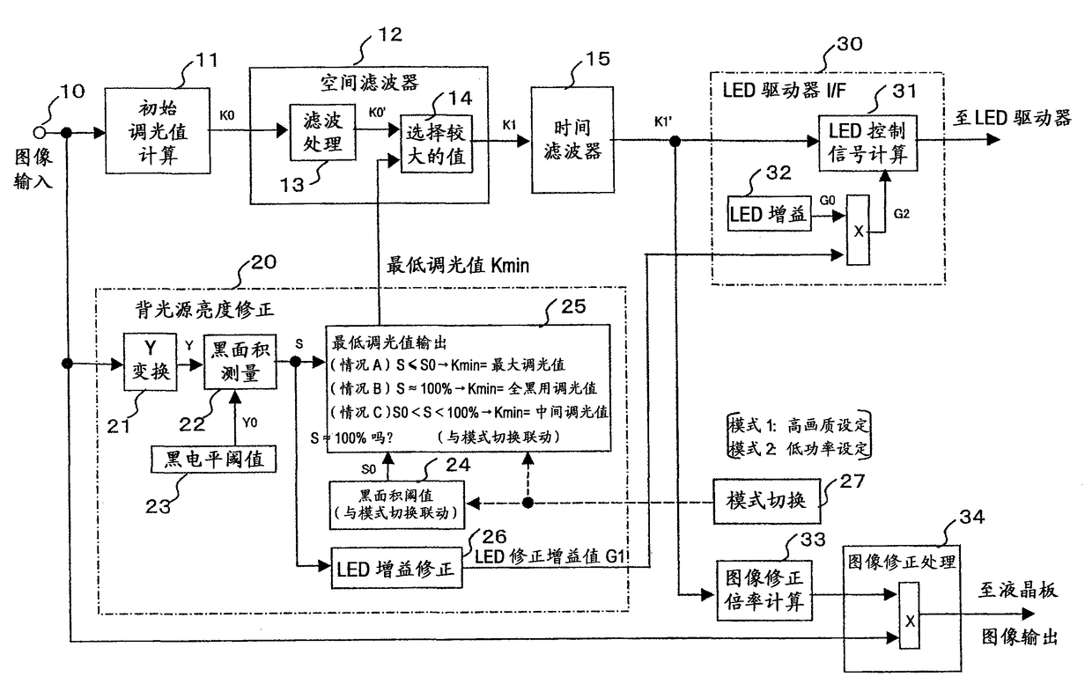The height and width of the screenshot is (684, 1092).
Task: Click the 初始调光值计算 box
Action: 158,130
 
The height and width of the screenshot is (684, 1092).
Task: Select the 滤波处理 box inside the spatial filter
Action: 322,132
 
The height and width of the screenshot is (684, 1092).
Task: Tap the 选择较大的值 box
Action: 437,143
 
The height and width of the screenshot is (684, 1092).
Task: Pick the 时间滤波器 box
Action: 572,140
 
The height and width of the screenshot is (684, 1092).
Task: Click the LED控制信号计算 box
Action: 867,143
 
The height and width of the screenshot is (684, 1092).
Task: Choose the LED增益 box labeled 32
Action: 770,213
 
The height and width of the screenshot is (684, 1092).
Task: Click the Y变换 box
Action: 150,362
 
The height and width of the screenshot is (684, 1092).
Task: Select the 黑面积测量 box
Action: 240,362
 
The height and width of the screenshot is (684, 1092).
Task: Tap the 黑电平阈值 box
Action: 213,459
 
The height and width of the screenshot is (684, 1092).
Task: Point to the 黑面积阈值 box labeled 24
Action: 397,504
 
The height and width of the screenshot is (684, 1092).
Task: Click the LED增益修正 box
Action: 397,568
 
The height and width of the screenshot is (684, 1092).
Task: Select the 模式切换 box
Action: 766,501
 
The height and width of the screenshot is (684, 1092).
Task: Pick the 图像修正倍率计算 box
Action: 764,591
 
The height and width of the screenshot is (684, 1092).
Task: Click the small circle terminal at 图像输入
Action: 39,132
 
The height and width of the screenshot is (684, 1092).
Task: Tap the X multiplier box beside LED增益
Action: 858,230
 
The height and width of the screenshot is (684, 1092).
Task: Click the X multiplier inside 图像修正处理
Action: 909,616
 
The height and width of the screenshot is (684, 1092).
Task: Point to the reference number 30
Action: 850,44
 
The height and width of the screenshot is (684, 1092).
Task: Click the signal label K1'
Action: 663,121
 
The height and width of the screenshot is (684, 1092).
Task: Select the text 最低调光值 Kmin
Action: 458,266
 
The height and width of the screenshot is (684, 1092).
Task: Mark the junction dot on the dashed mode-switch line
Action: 528,503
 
